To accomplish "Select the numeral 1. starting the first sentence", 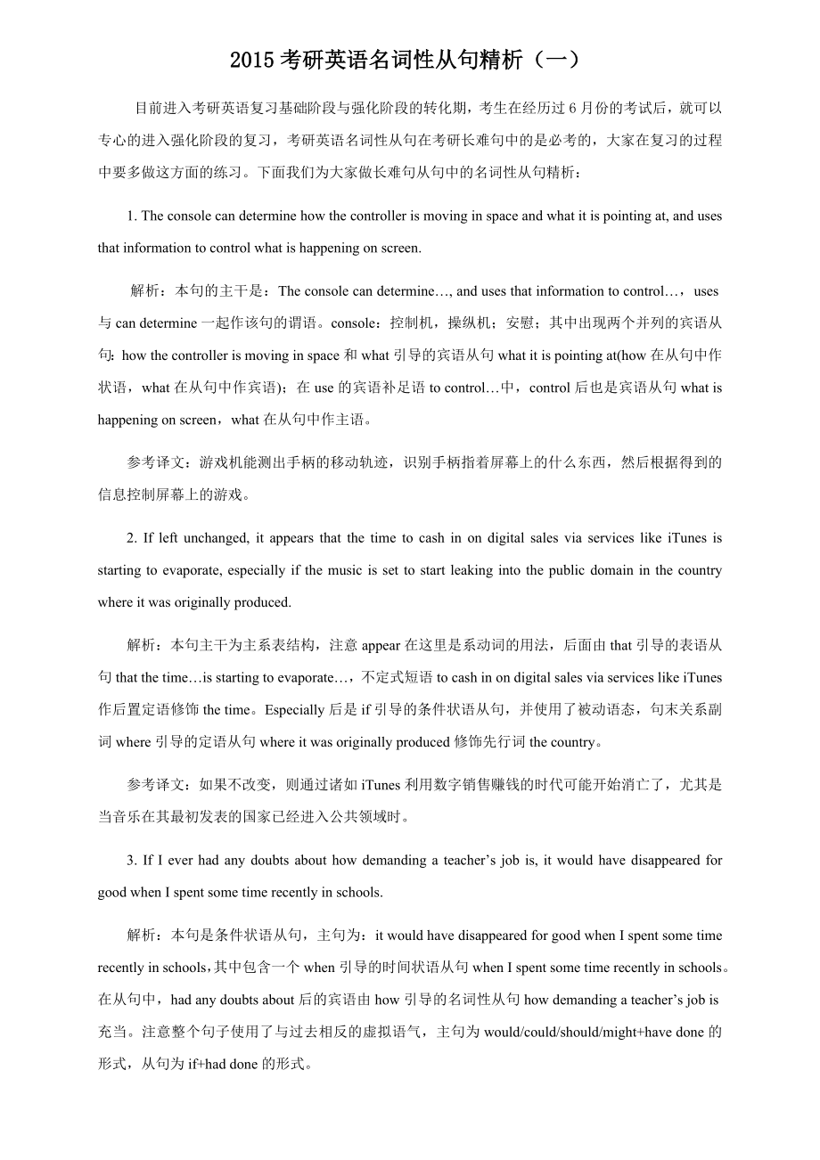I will (x=133, y=216).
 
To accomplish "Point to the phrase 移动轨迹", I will (x=356, y=462).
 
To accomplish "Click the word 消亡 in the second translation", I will (x=592, y=785).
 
